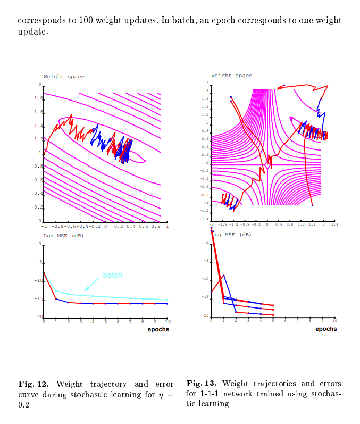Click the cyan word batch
pyautogui.click(x=112, y=275)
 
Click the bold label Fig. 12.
pyautogui.click(x=34, y=384)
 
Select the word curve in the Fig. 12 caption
pyautogui.click(x=29, y=395)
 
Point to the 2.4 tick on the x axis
pyautogui.click(x=334, y=225)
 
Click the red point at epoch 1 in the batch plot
pyautogui.click(x=56, y=299)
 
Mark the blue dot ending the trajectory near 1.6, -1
pyautogui.click(x=312, y=205)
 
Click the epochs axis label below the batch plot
pyautogui.click(x=158, y=329)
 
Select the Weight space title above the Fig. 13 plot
pyautogui.click(x=231, y=76)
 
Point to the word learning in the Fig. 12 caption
pyautogui.click(x=129, y=395)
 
